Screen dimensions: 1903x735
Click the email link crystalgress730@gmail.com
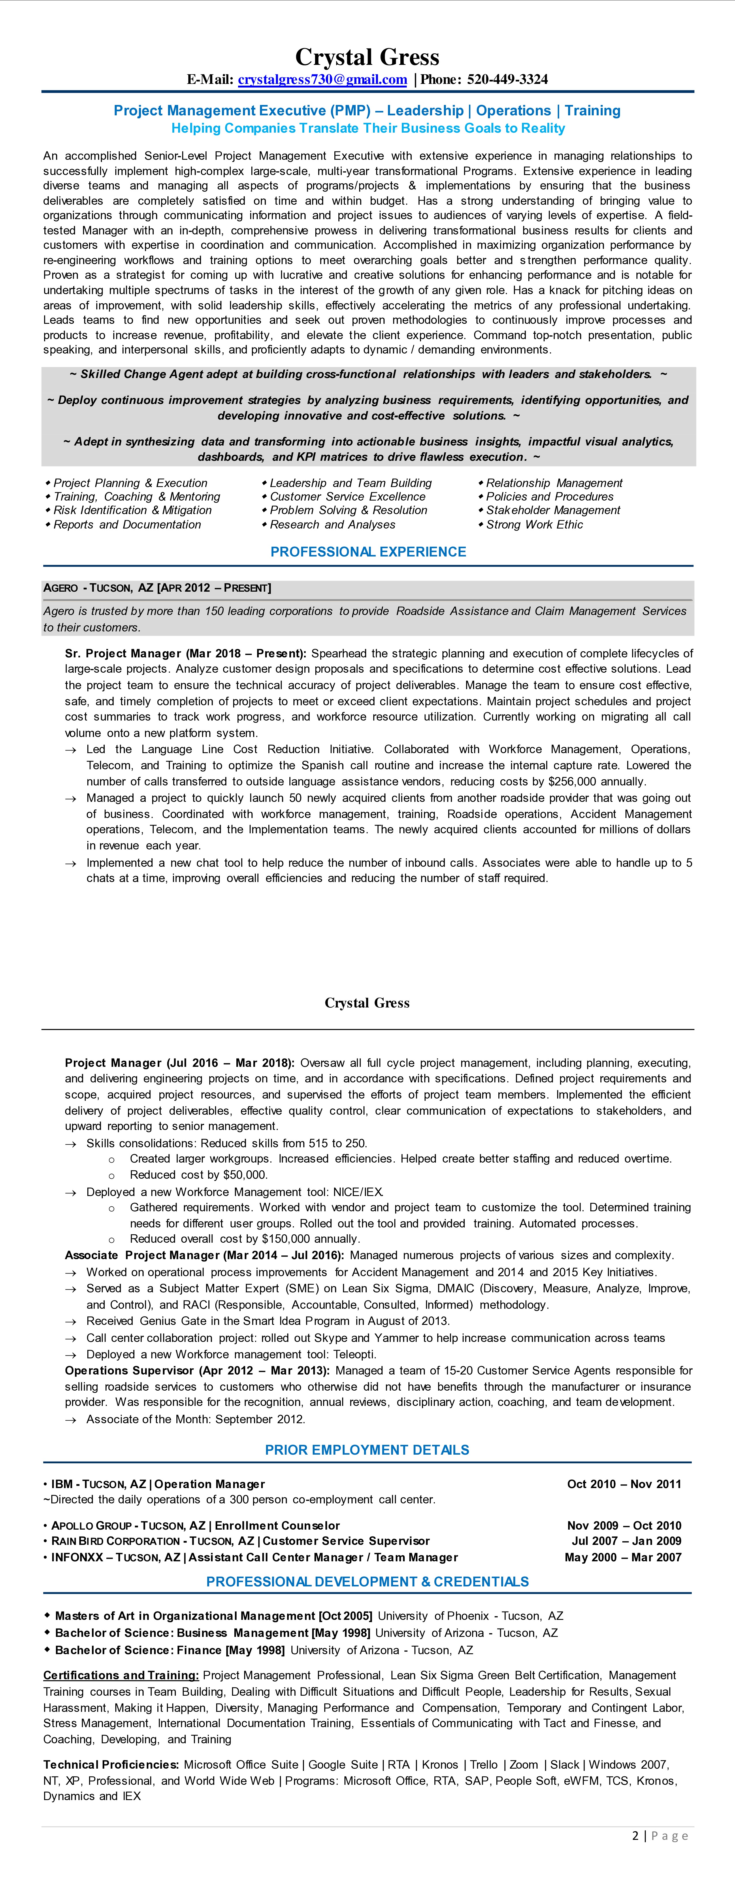[322, 80]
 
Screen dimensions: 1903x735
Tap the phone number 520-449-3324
[508, 80]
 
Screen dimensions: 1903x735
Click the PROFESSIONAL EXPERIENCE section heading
[368, 552]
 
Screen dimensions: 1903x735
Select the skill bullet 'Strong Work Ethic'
[534, 524]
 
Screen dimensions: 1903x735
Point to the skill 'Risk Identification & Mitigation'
[132, 510]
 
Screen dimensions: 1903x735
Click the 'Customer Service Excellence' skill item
[347, 497]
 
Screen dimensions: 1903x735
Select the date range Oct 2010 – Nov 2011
[624, 1484]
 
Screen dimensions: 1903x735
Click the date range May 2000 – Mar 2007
[623, 1557]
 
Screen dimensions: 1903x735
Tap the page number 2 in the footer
[635, 1836]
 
